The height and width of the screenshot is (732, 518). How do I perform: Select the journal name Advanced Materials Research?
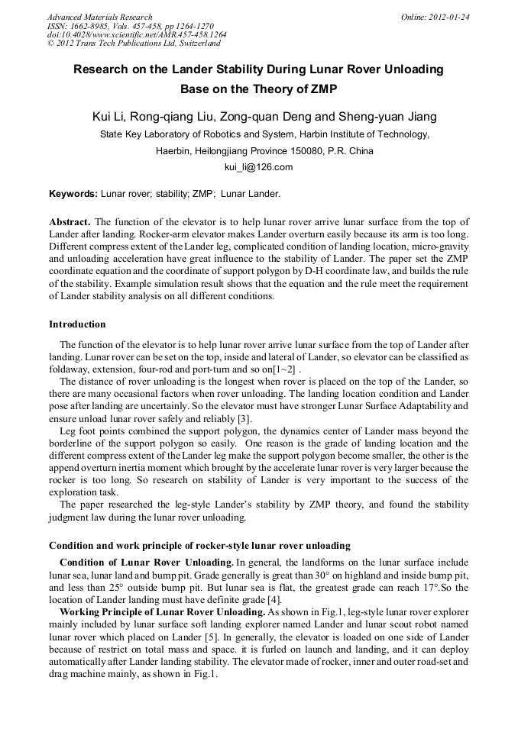pyautogui.click(x=99, y=17)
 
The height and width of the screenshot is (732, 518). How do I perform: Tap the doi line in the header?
pyautogui.click(x=137, y=34)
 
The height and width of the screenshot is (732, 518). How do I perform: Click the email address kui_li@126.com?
pyautogui.click(x=258, y=166)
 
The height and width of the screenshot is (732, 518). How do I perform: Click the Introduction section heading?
pyautogui.click(x=77, y=324)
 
